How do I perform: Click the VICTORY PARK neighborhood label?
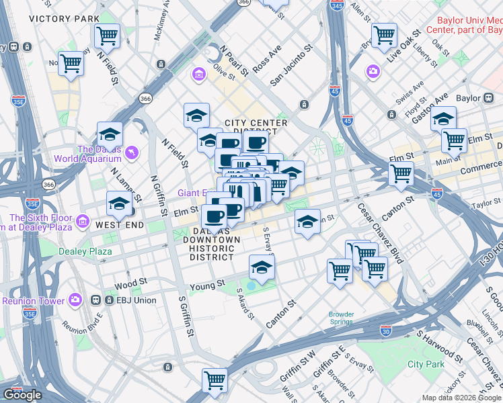pyautogui.click(x=61, y=18)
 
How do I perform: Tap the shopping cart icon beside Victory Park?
pyautogui.click(x=107, y=34)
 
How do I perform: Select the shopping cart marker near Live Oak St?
pyautogui.click(x=384, y=34)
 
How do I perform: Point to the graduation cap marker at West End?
pyautogui.click(x=119, y=203)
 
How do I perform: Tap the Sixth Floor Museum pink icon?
pyautogui.click(x=82, y=221)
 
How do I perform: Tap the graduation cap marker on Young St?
pyautogui.click(x=262, y=267)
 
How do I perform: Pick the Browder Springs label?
pyautogui.click(x=341, y=318)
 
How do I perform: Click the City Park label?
pyautogui.click(x=426, y=364)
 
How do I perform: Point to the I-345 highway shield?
pyautogui.click(x=337, y=5)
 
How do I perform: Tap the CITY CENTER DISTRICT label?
pyautogui.click(x=256, y=128)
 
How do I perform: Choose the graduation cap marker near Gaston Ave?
pyautogui.click(x=443, y=118)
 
